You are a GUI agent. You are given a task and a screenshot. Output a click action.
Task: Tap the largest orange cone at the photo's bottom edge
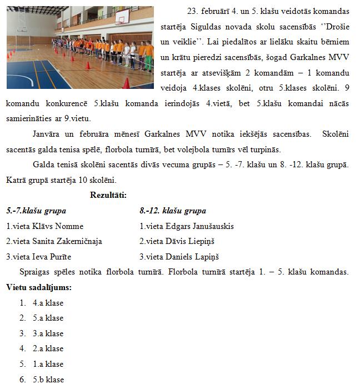click(x=126, y=83)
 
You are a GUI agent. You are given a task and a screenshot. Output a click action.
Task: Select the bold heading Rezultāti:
click(x=108, y=195)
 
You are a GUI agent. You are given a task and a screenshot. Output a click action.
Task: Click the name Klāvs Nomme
click(x=63, y=226)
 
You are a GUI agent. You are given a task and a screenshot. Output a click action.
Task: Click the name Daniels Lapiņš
click(x=192, y=257)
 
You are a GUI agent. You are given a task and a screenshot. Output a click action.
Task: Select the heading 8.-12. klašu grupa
click(x=173, y=211)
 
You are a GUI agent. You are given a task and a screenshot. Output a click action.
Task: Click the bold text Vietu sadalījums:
click(x=39, y=287)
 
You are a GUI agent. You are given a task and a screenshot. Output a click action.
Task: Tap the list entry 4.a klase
click(x=48, y=303)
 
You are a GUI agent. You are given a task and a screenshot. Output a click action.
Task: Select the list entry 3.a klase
click(x=48, y=333)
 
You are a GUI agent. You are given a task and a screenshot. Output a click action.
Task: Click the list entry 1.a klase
click(x=48, y=364)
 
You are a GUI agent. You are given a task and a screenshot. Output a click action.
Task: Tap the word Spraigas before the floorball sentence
click(x=34, y=272)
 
